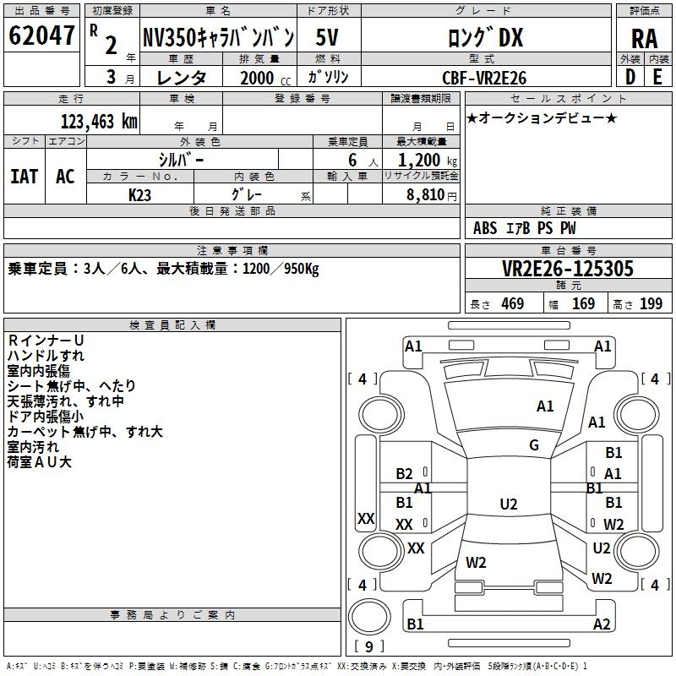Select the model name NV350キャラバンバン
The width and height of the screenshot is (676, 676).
(218, 37)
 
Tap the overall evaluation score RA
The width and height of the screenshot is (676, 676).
(644, 38)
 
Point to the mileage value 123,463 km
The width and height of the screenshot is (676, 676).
(98, 122)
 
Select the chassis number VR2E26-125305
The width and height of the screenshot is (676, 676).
(567, 269)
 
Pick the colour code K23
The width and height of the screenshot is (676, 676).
(140, 194)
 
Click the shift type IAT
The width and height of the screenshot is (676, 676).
(24, 177)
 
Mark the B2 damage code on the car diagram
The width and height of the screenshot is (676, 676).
(405, 474)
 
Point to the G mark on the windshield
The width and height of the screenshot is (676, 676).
(534, 445)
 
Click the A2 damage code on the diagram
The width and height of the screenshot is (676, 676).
(602, 624)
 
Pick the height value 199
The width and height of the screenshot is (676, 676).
(651, 304)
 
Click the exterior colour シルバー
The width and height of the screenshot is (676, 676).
(181, 160)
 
